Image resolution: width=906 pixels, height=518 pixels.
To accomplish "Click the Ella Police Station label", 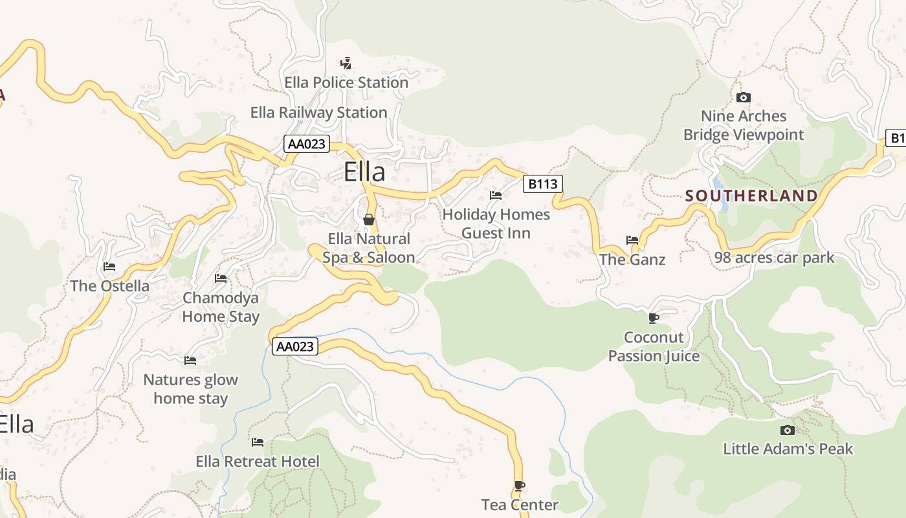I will pos(346,83).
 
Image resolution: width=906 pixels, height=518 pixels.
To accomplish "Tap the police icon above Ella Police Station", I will pos(346,63).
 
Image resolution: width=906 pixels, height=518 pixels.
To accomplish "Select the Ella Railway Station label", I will pos(318,113).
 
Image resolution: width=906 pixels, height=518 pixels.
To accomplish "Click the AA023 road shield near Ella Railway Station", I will pos(306,144).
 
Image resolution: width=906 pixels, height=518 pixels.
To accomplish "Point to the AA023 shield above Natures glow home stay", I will pos(294,346).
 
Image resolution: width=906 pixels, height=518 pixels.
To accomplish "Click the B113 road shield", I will pos(542,184).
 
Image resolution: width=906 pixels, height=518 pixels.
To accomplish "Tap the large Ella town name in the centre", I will pos(364,172).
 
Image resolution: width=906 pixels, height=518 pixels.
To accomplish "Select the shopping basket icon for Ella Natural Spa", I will pos(369,220).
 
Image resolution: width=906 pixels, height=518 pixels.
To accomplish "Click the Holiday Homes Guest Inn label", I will pos(496,223).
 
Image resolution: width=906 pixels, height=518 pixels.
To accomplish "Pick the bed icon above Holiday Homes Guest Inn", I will pos(496,195).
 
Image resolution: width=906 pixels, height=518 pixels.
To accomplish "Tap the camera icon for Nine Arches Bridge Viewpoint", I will pos(744,98).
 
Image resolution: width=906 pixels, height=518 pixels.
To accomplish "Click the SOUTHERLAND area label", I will pos(751,196).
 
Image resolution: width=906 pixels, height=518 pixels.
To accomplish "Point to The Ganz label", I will pos(632,260).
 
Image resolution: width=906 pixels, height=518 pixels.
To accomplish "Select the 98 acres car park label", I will pos(774,258).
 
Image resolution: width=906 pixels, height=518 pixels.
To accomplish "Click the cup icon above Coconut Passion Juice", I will pos(653,318).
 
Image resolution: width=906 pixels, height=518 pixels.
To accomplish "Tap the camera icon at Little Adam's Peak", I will pos(787,430).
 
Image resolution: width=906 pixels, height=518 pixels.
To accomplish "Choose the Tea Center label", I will pos(520,504).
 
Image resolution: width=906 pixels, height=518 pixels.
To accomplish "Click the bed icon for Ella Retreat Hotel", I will pos(258,442).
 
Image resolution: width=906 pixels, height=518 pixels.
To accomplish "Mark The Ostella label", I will pos(109,286).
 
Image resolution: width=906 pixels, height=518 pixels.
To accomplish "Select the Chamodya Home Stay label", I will pos(221,307).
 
